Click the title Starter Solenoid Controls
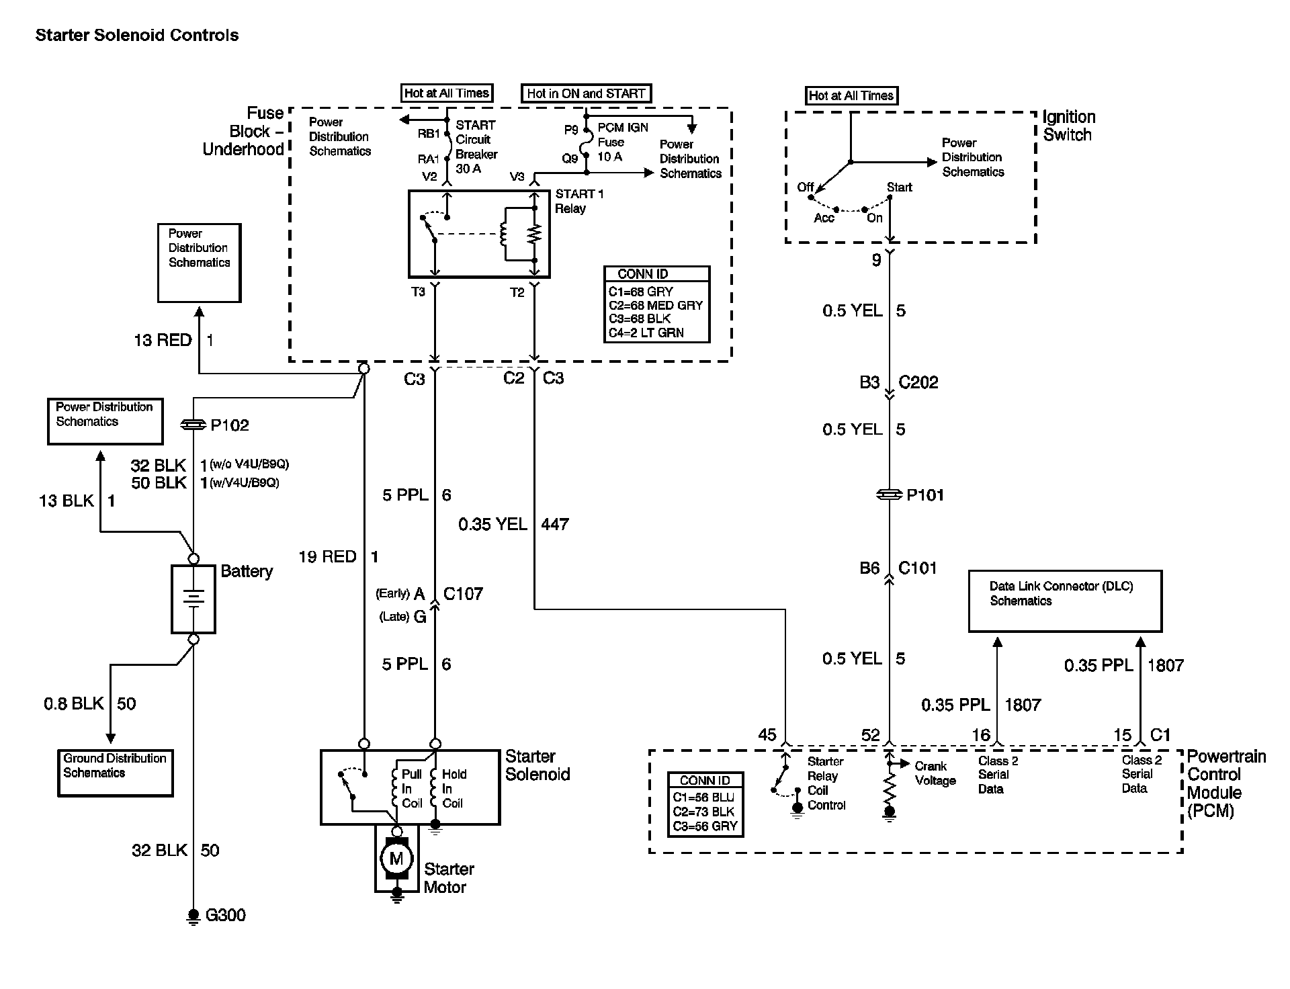pos(137,36)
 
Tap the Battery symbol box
pos(193,599)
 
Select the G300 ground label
pos(225,915)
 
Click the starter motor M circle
pos(396,858)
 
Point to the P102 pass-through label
pos(229,425)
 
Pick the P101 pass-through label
pos(925,495)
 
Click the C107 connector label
pos(463,594)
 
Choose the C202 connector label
pos(918,382)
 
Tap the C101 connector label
pos(917,568)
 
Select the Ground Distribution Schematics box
pos(115,773)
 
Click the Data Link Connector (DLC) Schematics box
pos(1064,601)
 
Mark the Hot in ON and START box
pos(586,93)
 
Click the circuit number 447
pos(555,524)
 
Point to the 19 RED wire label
pos(328,556)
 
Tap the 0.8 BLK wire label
pos(74,703)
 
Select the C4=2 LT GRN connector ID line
pos(646,333)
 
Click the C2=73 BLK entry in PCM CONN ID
pos(703,812)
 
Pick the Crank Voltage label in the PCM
pos(935,773)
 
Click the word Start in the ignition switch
pos(899,187)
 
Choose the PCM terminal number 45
pos(767,734)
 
